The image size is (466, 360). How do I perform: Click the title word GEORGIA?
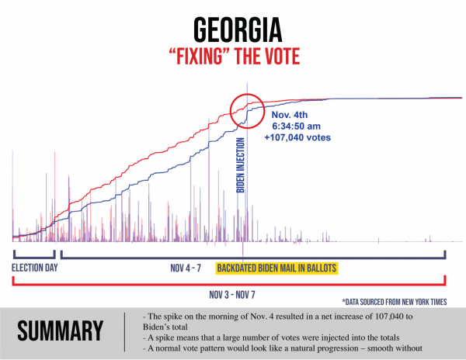[x=232, y=31]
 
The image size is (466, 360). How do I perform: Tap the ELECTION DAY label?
[x=34, y=269]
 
